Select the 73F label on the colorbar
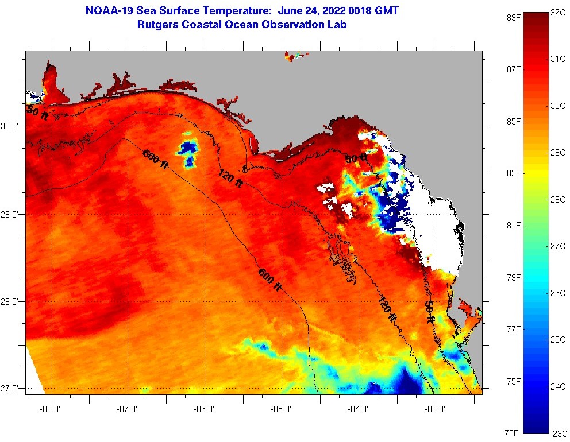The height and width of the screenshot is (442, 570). tap(511, 432)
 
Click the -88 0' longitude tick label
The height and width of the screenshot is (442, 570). tap(51, 409)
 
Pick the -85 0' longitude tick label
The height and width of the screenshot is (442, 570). tap(282, 409)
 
